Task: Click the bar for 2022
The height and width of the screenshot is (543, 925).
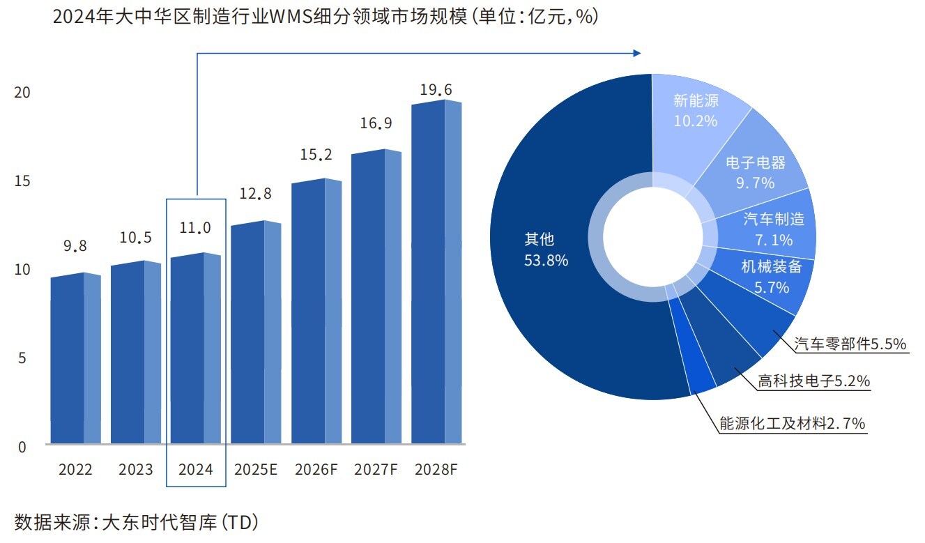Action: click(75, 359)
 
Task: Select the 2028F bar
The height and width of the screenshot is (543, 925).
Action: click(436, 272)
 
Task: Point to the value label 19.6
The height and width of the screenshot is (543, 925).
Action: click(436, 90)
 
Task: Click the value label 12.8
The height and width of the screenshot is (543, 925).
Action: click(256, 193)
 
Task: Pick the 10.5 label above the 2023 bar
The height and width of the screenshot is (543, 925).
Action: click(135, 238)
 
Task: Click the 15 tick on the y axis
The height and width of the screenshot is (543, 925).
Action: click(22, 181)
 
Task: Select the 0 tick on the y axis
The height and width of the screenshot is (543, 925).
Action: click(22, 447)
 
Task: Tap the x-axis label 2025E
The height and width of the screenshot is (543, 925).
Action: click(256, 469)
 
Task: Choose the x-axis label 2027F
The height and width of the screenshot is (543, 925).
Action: click(376, 469)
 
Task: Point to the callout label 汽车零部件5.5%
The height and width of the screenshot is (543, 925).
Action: click(850, 344)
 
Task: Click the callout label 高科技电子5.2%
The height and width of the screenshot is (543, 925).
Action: click(813, 381)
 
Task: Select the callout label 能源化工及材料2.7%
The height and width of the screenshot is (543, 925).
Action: click(792, 423)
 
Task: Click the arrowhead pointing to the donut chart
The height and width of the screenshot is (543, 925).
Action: click(635, 53)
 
